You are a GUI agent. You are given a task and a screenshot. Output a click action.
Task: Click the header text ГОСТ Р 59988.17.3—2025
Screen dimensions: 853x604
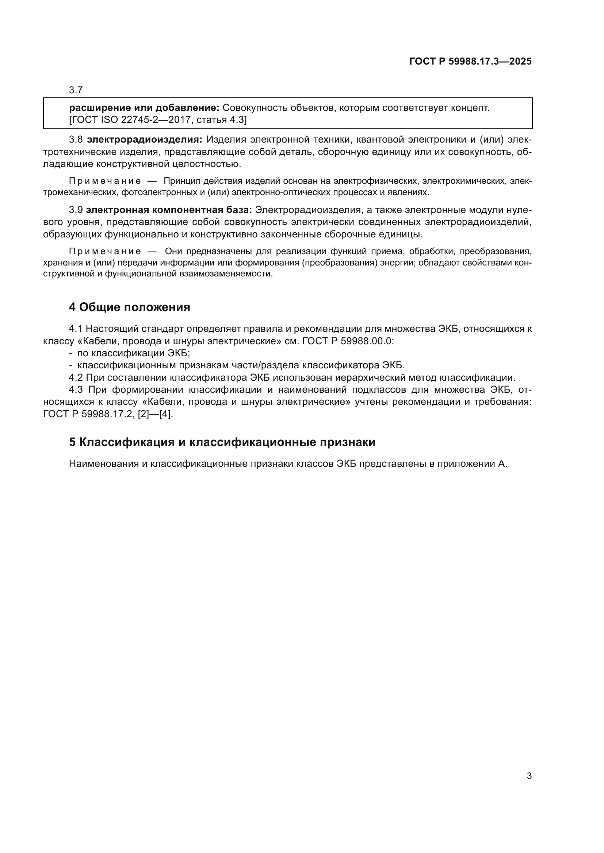[x=470, y=62]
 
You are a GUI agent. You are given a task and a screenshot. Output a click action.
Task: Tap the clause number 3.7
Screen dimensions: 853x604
[x=76, y=90]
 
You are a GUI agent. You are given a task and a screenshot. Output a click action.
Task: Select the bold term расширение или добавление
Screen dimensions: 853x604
[x=144, y=108]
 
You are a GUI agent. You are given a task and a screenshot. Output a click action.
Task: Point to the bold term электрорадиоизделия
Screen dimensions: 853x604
[x=145, y=140]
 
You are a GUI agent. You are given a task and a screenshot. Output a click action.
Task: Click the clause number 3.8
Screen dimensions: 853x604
[x=76, y=140]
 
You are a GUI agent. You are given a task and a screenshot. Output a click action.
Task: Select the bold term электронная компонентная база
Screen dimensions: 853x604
[x=169, y=210]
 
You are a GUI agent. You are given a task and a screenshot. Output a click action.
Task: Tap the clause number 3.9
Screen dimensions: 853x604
[x=76, y=210]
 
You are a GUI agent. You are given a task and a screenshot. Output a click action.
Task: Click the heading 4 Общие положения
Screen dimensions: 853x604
[x=129, y=307]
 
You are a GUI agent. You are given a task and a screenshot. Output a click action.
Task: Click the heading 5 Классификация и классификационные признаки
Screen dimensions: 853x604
[x=222, y=442]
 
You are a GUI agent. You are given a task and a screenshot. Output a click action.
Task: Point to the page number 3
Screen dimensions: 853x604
[x=529, y=776]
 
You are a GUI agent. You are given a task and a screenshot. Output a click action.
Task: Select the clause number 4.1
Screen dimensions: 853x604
[x=76, y=329]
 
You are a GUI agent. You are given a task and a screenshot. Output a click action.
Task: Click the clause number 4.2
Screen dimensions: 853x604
[x=76, y=378]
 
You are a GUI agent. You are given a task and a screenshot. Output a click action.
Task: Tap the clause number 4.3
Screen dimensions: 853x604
[x=76, y=390]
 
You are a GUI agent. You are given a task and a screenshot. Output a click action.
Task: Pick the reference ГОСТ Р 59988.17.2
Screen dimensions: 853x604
[x=88, y=414]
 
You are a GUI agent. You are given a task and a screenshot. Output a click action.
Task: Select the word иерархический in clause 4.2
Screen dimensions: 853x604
[x=379, y=378]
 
